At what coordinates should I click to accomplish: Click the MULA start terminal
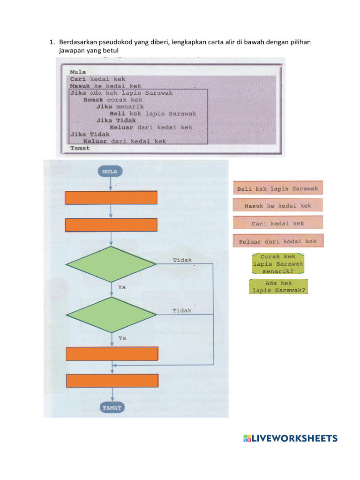[110, 172]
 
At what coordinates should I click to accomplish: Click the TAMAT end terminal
[112, 407]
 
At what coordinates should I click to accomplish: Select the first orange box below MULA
[111, 198]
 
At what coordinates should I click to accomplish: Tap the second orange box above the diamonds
[111, 225]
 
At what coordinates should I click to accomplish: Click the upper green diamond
[111, 264]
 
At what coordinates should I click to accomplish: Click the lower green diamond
[111, 315]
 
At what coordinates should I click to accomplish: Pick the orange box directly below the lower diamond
[112, 354]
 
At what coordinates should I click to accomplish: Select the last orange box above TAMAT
[112, 381]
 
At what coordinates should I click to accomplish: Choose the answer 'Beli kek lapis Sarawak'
[277, 188]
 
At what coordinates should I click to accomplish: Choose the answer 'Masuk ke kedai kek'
[277, 206]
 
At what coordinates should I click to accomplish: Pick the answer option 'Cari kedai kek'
[277, 223]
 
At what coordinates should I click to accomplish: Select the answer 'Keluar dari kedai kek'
[277, 241]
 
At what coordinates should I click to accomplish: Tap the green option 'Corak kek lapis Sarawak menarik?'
[277, 264]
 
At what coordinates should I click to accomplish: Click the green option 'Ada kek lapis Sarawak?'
[279, 286]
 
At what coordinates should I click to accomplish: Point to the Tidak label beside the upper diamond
[182, 260]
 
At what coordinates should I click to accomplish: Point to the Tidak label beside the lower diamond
[182, 310]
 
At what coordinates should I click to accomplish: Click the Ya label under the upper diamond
[122, 286]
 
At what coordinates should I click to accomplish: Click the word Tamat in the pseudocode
[80, 148]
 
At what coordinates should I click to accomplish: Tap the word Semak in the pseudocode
[93, 100]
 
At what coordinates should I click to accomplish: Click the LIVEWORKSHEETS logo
[290, 438]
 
